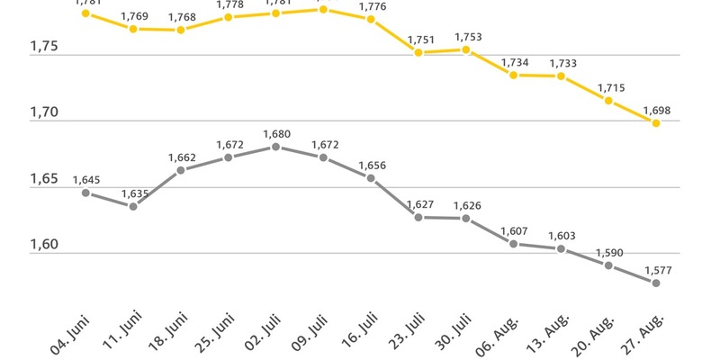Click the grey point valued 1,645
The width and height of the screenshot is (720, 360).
[85, 193]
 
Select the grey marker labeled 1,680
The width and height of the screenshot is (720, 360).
[275, 147]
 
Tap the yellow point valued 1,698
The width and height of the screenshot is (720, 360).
[656, 123]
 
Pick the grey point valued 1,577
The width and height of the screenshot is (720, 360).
[656, 283]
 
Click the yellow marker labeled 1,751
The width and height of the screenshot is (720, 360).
[418, 52]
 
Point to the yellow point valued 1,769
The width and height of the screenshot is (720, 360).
[133, 29]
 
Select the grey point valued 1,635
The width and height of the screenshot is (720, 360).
[133, 206]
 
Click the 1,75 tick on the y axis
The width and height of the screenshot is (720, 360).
[44, 47]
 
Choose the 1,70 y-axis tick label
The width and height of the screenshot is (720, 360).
[44, 113]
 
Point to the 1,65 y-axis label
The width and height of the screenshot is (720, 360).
[44, 179]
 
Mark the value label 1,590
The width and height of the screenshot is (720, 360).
[608, 253]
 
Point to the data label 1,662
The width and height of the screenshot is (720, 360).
[181, 157]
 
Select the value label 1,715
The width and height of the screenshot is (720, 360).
[608, 88]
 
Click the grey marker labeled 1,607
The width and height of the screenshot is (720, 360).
[513, 244]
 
